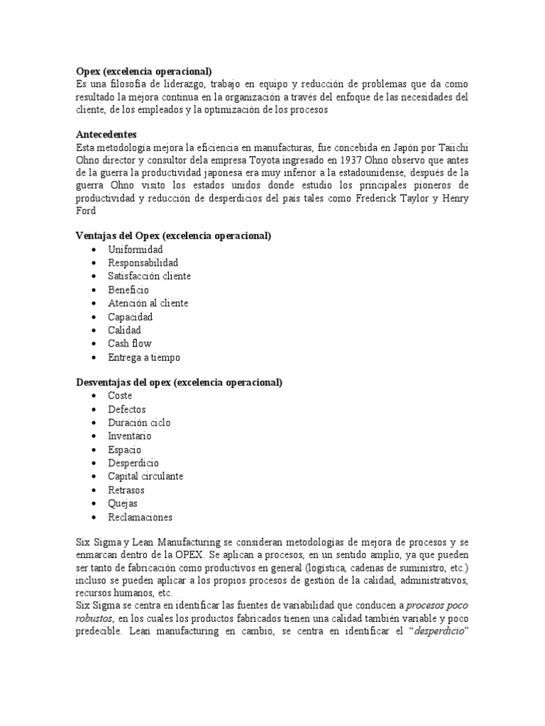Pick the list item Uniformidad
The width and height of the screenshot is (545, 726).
[x=135, y=250]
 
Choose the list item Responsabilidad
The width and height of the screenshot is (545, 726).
[x=143, y=263]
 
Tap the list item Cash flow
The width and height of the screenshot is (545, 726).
[x=129, y=343]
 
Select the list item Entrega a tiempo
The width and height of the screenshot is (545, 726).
[x=144, y=357]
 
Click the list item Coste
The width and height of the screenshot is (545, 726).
[x=120, y=396]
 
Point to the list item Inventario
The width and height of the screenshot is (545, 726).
[x=129, y=436]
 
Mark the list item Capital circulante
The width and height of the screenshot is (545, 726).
[x=145, y=476]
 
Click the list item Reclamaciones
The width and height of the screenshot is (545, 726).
[x=140, y=517]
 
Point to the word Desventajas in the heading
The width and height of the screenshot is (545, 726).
[x=104, y=382]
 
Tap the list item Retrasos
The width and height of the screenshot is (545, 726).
[x=126, y=490]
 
